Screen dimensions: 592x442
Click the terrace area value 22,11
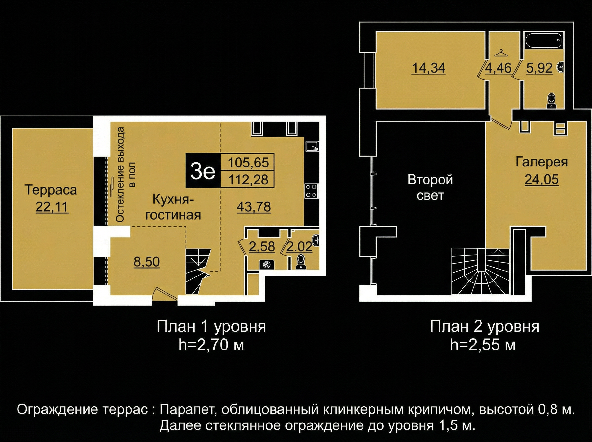click(52, 207)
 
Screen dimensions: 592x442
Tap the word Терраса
click(51, 190)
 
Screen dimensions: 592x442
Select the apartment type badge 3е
click(203, 172)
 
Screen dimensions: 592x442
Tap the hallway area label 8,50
click(147, 262)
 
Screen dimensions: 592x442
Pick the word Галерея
click(541, 162)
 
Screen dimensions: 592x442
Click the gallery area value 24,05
click(541, 179)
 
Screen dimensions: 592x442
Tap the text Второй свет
click(430, 187)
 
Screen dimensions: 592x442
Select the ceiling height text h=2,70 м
click(211, 345)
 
